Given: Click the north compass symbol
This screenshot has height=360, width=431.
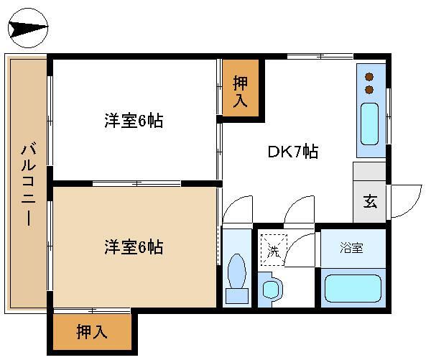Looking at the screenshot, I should tap(28, 28).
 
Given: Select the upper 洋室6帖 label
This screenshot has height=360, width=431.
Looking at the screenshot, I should tap(133, 121).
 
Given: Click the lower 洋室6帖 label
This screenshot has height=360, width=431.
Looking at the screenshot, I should tap(133, 248).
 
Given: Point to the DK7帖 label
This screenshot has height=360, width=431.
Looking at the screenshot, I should tap(293, 152).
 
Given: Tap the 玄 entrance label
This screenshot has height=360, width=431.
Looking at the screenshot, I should tap(369, 201).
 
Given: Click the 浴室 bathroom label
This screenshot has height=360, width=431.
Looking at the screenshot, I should tap(351, 248).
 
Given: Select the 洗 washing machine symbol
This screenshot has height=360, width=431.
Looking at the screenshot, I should tap(273, 251).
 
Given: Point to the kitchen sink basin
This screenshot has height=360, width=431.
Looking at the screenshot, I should tap(370, 124).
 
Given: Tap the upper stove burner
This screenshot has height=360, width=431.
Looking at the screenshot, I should tap(370, 76).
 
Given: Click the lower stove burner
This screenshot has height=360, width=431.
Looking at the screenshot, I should tap(370, 89).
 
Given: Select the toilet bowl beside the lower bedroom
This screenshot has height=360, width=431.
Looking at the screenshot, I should tap(236, 272).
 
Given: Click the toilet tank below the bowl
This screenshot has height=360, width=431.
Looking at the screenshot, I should tap(236, 295).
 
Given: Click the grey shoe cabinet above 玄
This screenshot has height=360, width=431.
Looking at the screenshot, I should tap(369, 173).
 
